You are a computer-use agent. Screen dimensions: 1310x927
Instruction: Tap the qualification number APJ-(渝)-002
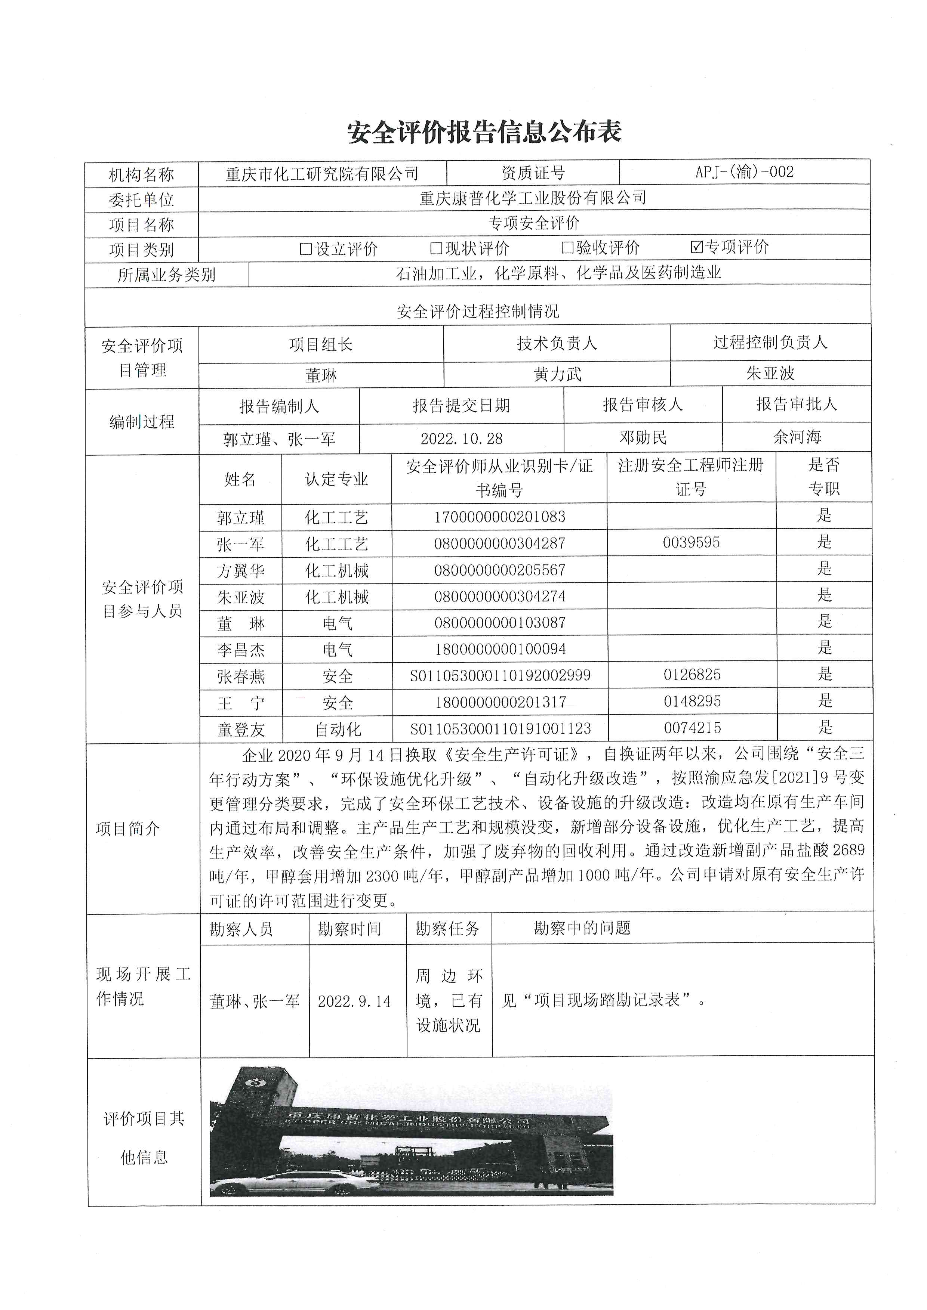click(744, 172)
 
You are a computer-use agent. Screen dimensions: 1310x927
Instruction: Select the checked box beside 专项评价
click(696, 247)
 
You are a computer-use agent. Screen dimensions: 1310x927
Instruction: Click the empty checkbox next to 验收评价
click(567, 248)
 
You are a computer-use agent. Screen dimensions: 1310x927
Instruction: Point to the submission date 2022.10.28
click(461, 438)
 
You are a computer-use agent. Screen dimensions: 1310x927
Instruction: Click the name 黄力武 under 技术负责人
click(557, 374)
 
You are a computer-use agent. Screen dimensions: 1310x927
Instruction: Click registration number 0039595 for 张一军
click(691, 542)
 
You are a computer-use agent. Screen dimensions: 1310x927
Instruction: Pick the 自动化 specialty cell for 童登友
click(338, 729)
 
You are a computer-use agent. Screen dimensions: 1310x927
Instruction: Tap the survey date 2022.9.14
click(354, 1001)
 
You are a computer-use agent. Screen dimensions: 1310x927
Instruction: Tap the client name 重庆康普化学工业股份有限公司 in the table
click(533, 198)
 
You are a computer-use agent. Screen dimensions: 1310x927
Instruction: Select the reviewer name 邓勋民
click(643, 438)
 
